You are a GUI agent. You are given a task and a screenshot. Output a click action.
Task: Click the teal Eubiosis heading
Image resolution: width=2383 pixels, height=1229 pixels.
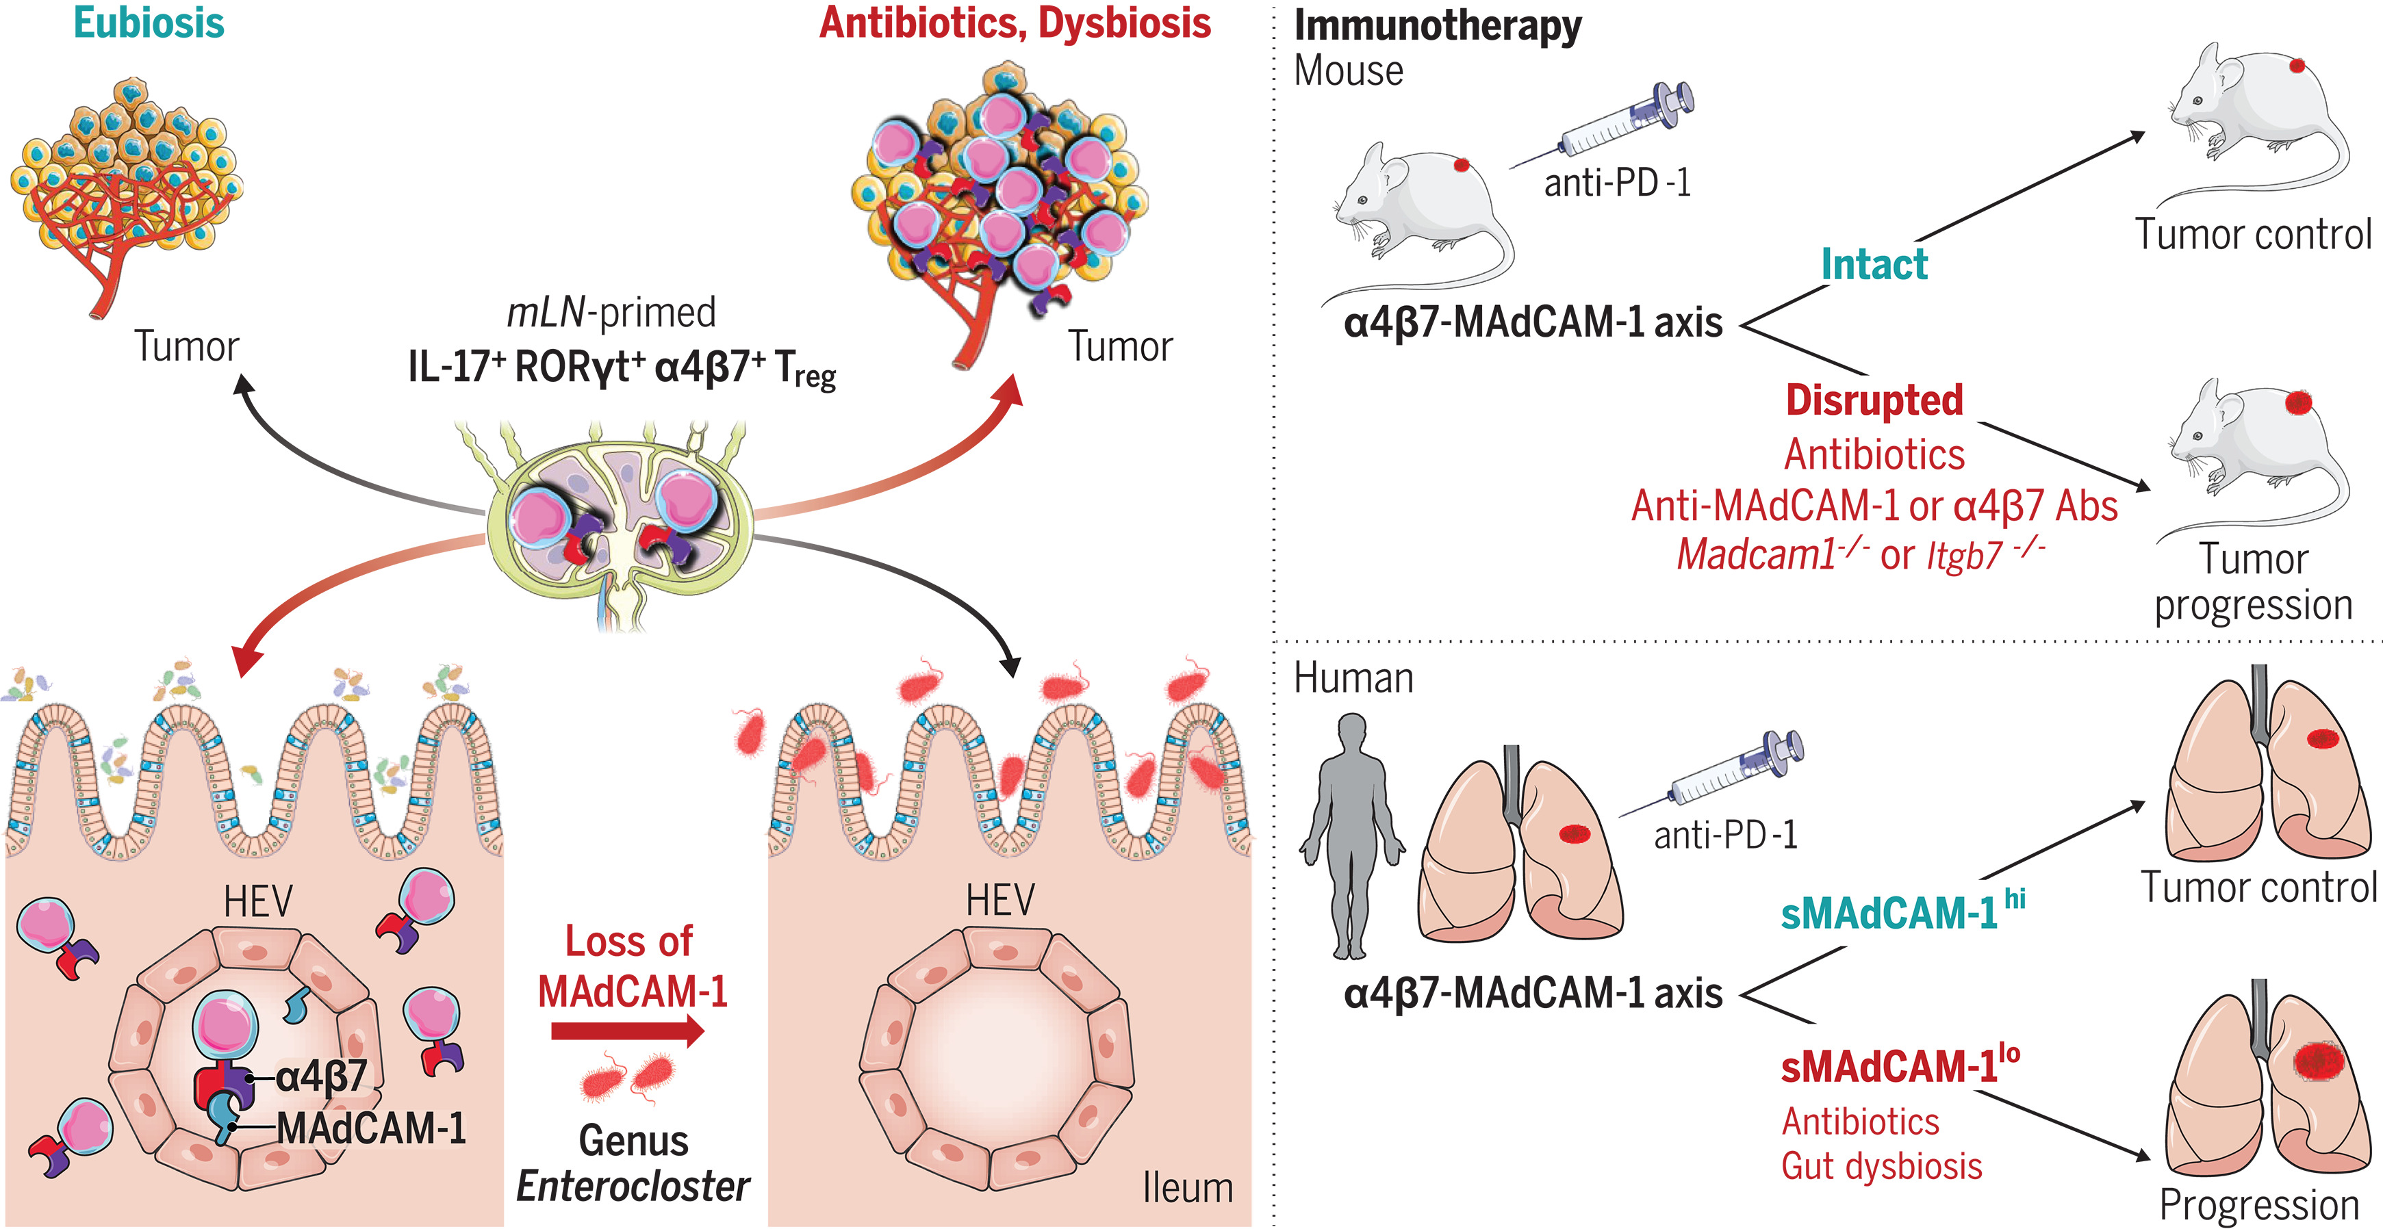pyautogui.click(x=149, y=23)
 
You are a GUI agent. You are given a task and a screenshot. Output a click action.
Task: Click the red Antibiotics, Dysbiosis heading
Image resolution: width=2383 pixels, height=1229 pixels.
pyautogui.click(x=1015, y=23)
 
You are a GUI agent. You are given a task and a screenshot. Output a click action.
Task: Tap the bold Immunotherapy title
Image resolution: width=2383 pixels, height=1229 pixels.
pyautogui.click(x=1437, y=26)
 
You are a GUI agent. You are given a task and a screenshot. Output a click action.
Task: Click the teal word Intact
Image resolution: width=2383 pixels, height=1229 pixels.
pyautogui.click(x=1874, y=264)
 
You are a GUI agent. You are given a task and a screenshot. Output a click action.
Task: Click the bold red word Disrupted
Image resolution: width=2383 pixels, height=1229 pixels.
pyautogui.click(x=1874, y=400)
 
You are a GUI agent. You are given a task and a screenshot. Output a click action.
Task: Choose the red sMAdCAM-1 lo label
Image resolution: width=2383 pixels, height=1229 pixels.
pyautogui.click(x=1899, y=1066)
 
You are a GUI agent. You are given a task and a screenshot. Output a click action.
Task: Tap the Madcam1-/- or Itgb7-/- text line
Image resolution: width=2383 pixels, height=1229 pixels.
pyautogui.click(x=1859, y=555)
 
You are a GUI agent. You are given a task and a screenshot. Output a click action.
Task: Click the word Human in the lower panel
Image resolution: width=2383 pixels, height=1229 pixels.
pyautogui.click(x=1353, y=679)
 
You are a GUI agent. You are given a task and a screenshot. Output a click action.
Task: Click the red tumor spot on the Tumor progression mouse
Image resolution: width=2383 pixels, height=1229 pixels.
pyautogui.click(x=2298, y=402)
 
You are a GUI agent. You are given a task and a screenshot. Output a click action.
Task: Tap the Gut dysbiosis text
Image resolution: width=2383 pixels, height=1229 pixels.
pyautogui.click(x=1882, y=1167)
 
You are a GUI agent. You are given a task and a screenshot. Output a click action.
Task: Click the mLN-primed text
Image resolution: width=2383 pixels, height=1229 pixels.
pyautogui.click(x=611, y=313)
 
